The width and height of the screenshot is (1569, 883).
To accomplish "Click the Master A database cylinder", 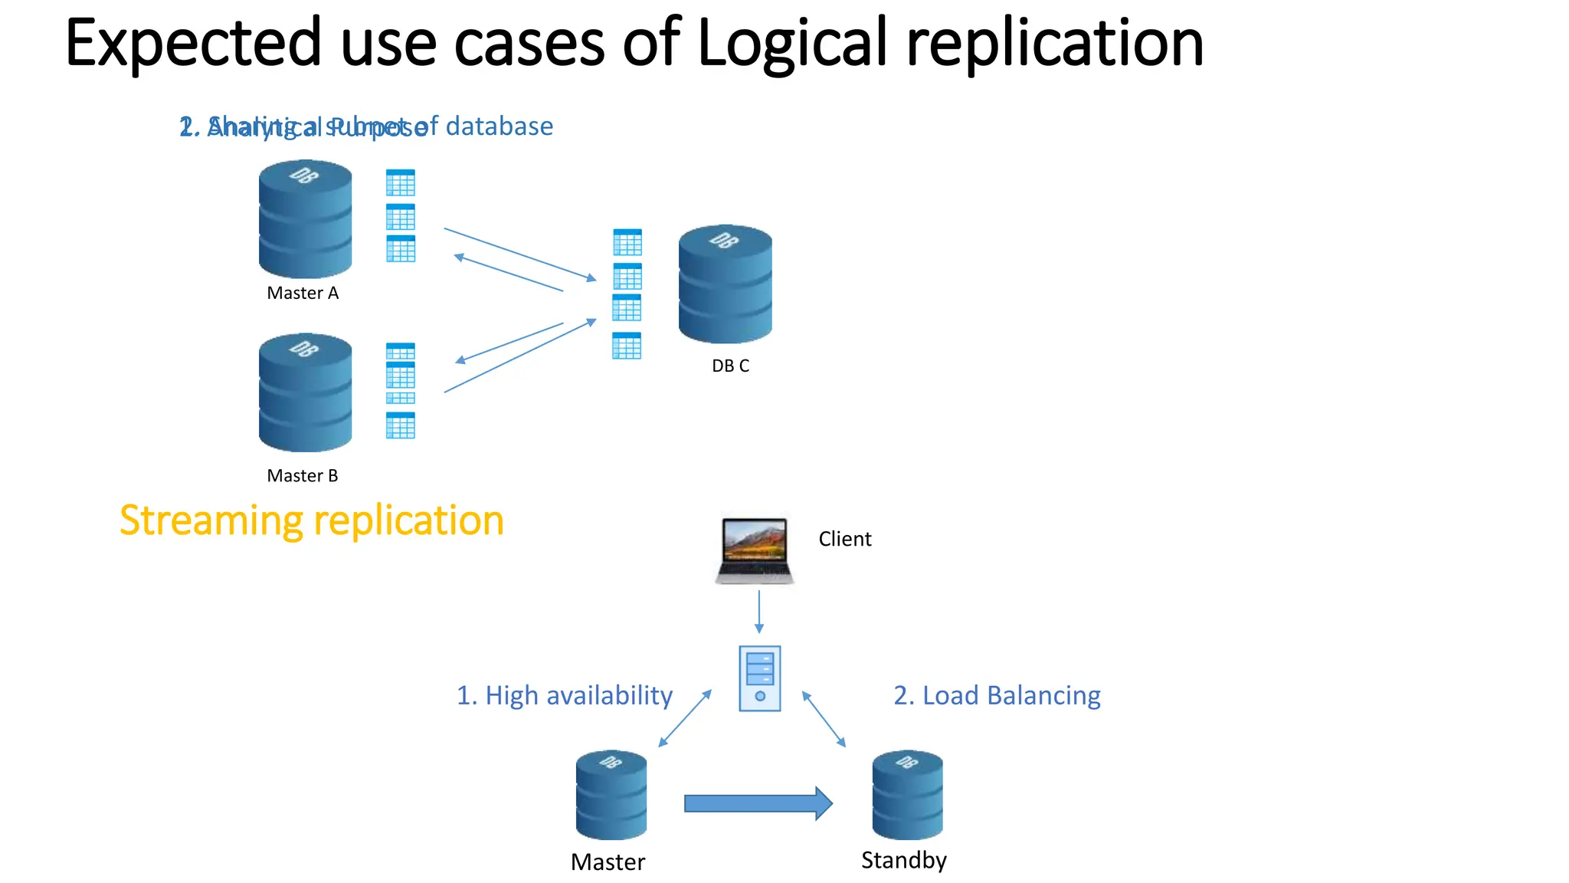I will (x=305, y=219).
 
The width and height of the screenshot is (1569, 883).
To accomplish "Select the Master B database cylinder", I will (x=305, y=392).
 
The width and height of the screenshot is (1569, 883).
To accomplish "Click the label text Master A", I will (x=303, y=293).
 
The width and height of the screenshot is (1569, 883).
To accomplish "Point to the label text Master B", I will (x=303, y=476).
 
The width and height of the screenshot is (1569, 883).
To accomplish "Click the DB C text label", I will (x=730, y=366).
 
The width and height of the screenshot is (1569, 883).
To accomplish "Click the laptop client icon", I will (x=755, y=550).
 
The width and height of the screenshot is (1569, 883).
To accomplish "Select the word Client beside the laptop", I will (x=844, y=539).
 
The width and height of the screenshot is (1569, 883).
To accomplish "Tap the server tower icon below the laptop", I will (x=759, y=678).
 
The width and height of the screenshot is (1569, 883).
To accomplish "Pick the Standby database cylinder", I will (x=907, y=795).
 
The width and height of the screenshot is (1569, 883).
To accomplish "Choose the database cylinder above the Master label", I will (x=611, y=795).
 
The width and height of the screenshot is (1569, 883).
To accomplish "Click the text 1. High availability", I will (x=564, y=695).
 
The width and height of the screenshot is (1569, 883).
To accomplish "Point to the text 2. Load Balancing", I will (x=997, y=695).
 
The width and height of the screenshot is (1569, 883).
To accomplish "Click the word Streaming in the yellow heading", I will (x=211, y=520).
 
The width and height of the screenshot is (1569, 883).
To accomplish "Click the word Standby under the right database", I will (x=903, y=860).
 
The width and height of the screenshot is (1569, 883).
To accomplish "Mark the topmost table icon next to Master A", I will (x=401, y=182).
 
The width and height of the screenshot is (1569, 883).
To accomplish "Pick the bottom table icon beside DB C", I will (x=627, y=346).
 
